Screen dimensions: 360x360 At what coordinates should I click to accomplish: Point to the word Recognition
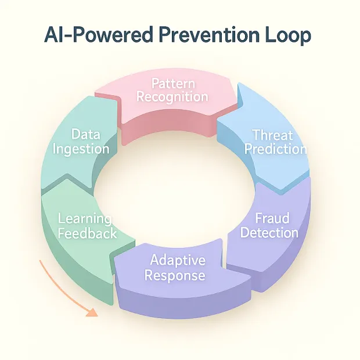point(172,96)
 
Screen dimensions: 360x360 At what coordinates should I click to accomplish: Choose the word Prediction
point(275,149)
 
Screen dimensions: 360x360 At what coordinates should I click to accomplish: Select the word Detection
point(269,233)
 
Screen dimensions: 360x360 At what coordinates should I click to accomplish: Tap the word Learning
point(85,219)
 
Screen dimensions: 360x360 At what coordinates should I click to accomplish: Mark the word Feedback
point(87,233)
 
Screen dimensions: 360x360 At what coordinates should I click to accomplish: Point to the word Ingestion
point(81,149)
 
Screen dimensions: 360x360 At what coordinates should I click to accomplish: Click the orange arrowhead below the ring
point(91,313)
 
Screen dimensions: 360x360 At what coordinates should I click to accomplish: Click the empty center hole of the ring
point(174,192)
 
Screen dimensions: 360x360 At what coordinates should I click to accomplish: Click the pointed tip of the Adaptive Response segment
point(114,261)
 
